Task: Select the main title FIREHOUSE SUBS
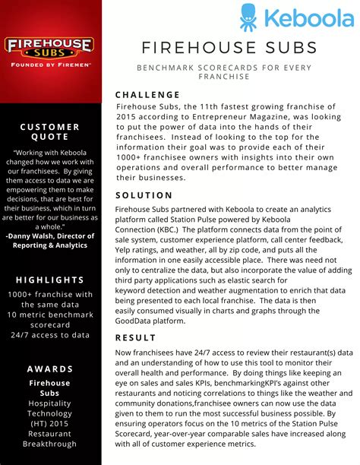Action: coord(228,49)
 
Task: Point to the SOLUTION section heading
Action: coord(144,195)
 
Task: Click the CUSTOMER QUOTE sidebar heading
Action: coord(50,131)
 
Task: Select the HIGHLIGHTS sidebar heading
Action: coord(50,280)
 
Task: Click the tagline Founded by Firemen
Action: coord(50,65)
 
